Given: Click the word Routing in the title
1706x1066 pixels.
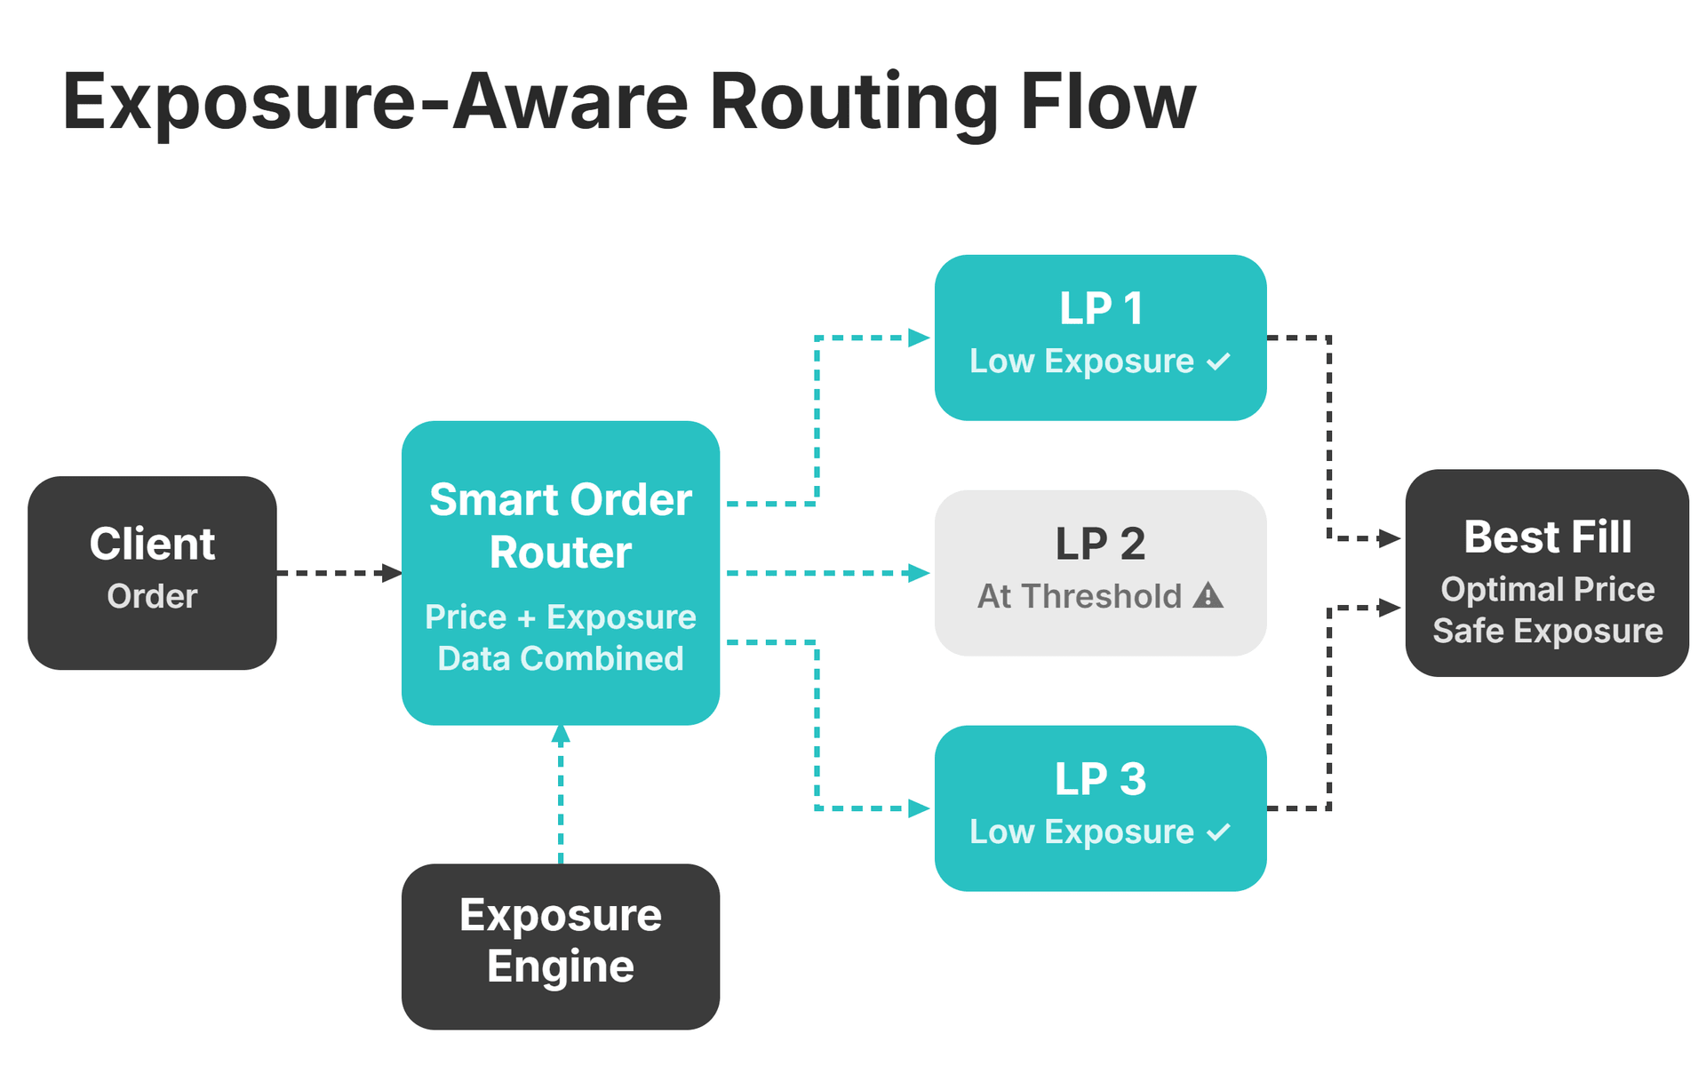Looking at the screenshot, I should point(853,103).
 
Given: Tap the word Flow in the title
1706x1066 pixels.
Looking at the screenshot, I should point(1107,103).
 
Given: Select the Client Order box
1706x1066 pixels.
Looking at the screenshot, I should point(152,572).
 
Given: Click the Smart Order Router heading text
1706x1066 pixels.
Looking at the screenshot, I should point(560,525).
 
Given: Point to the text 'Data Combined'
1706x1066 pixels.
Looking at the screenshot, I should point(560,658).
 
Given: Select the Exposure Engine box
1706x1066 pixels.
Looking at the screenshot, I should point(560,945).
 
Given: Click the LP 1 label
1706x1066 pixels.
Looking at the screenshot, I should point(1100,308).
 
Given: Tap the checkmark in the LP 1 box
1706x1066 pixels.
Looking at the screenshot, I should point(1219,362).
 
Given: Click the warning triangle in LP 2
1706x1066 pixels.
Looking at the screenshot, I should point(1208,594).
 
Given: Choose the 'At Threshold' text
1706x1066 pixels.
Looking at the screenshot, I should point(1079,596).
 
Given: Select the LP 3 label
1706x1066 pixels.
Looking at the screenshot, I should point(1100,779).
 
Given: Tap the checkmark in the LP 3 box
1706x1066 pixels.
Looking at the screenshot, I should point(1219,832).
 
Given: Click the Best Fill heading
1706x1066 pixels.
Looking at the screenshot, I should point(1547,537).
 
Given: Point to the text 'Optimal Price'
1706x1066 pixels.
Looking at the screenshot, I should point(1547,589).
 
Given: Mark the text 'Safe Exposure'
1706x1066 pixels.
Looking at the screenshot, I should point(1547,631).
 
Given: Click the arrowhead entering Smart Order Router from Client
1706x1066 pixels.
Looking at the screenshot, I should point(392,573).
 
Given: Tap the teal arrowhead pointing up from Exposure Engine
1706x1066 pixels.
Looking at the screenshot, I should point(561,735).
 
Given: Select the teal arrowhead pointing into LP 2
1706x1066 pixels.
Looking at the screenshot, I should point(919,573).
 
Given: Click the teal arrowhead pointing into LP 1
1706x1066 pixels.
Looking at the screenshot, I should point(919,338).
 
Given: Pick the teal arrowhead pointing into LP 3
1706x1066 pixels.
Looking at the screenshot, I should point(919,808).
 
